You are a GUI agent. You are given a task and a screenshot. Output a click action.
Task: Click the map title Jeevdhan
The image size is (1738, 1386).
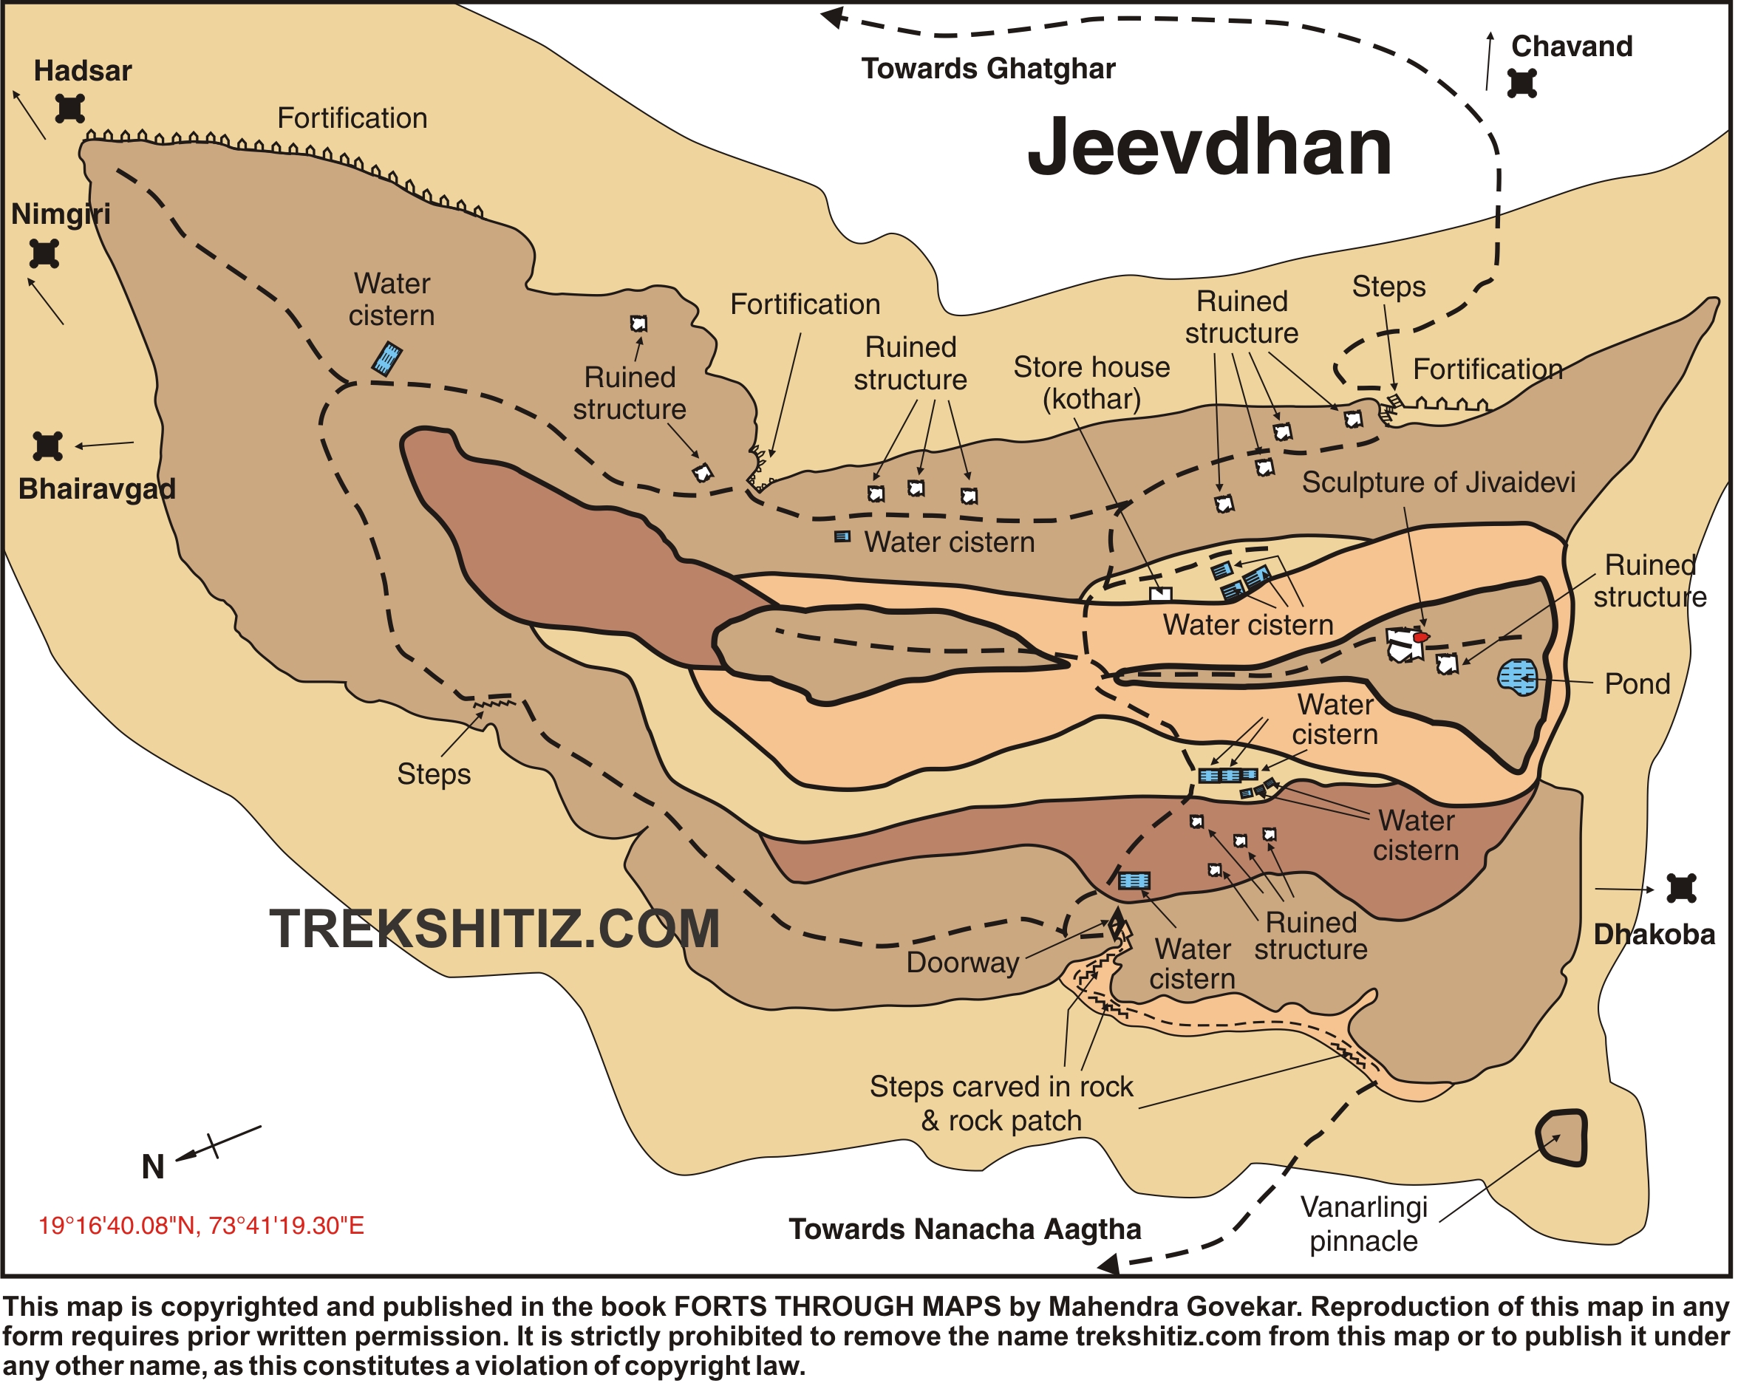click(x=1209, y=148)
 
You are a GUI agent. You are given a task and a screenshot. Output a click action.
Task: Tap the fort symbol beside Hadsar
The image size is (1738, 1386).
click(x=70, y=108)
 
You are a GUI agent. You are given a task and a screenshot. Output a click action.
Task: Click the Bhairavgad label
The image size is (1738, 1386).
click(x=97, y=489)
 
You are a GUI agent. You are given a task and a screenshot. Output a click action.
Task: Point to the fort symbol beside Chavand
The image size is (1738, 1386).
click(x=1522, y=83)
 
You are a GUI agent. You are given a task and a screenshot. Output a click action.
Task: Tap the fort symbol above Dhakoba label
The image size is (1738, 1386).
click(x=1682, y=889)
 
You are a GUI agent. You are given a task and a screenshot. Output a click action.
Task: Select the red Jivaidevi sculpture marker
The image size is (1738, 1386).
click(x=1420, y=638)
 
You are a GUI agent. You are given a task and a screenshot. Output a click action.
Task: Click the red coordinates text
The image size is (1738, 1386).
click(x=202, y=1226)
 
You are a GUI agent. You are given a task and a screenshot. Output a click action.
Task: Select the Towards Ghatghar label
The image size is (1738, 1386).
click(x=988, y=69)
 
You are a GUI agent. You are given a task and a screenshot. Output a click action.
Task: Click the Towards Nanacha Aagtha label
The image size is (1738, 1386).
click(x=965, y=1229)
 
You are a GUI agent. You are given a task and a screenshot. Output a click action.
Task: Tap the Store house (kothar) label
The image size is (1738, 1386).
click(x=1091, y=383)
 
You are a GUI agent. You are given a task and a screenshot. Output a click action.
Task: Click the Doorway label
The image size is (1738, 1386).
click(x=963, y=963)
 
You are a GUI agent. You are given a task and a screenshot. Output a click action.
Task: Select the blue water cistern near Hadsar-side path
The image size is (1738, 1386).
click(x=387, y=358)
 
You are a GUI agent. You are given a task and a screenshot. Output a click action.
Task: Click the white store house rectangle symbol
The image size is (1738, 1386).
click(x=1160, y=595)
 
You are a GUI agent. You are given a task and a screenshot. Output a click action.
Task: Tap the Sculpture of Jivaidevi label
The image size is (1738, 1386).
click(x=1438, y=482)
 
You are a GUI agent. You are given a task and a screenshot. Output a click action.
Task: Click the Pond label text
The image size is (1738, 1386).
click(x=1637, y=684)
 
